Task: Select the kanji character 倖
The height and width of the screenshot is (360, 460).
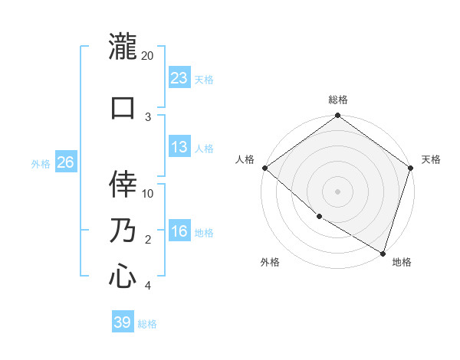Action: tap(123, 184)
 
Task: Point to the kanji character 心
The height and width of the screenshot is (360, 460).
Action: tap(123, 276)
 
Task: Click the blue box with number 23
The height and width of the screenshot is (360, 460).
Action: tap(179, 77)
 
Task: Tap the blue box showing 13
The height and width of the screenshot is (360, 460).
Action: tap(179, 148)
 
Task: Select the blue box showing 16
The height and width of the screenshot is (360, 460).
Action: tap(179, 232)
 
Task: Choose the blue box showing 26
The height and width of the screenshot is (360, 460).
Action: tap(65, 162)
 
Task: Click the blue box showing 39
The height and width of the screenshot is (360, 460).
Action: tap(123, 322)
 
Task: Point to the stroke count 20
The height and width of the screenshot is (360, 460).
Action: tap(148, 56)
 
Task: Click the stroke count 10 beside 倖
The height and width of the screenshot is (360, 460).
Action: tap(149, 193)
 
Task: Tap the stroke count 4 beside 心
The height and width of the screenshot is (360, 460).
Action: tap(148, 286)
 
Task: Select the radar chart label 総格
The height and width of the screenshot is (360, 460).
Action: tap(338, 100)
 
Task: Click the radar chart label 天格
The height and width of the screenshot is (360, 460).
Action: tap(431, 159)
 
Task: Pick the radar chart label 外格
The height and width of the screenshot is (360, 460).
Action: tap(270, 262)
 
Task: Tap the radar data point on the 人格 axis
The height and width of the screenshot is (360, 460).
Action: tap(264, 168)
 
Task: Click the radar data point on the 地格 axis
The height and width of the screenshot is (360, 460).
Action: tap(383, 253)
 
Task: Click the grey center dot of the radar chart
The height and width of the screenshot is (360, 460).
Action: tap(338, 191)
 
